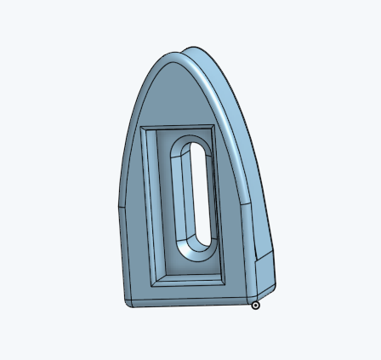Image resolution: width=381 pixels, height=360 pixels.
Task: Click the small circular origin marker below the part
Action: [x=255, y=305]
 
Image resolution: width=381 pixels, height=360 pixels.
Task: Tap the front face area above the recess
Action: [x=174, y=98]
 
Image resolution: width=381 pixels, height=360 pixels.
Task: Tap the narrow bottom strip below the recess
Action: [x=187, y=298]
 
